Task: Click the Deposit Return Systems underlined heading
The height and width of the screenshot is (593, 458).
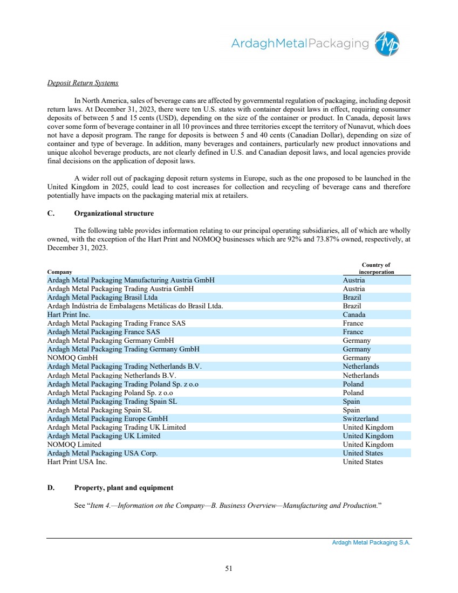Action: (83, 83)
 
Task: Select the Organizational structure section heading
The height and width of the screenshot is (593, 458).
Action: (114, 213)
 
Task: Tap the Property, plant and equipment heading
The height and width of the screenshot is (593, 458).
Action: (124, 487)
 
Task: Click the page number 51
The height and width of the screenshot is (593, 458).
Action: (229, 568)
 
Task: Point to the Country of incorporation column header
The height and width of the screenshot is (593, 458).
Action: (377, 268)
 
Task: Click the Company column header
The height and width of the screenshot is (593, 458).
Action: (59, 272)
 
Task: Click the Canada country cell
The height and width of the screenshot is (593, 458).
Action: (354, 315)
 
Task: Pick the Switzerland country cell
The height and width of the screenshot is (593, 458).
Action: (360, 419)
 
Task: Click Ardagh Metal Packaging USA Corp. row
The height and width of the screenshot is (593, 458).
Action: (102, 453)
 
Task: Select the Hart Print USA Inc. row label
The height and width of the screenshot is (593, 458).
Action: (77, 462)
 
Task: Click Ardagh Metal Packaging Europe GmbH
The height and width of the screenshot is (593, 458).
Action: (108, 419)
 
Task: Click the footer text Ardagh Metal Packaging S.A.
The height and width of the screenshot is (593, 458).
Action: (371, 543)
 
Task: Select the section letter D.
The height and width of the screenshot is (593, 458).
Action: (50, 487)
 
